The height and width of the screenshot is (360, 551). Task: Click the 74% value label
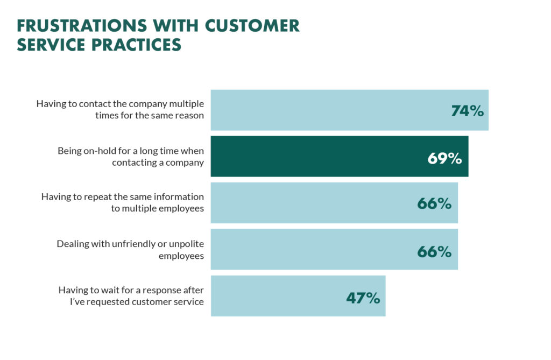click(x=467, y=111)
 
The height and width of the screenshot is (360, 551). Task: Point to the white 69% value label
click(x=444, y=158)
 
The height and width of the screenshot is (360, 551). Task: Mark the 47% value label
click(x=363, y=298)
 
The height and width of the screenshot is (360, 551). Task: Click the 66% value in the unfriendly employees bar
click(x=434, y=251)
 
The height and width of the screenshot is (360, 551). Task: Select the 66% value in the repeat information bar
click(x=434, y=204)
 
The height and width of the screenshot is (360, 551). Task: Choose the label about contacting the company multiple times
click(x=120, y=110)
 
